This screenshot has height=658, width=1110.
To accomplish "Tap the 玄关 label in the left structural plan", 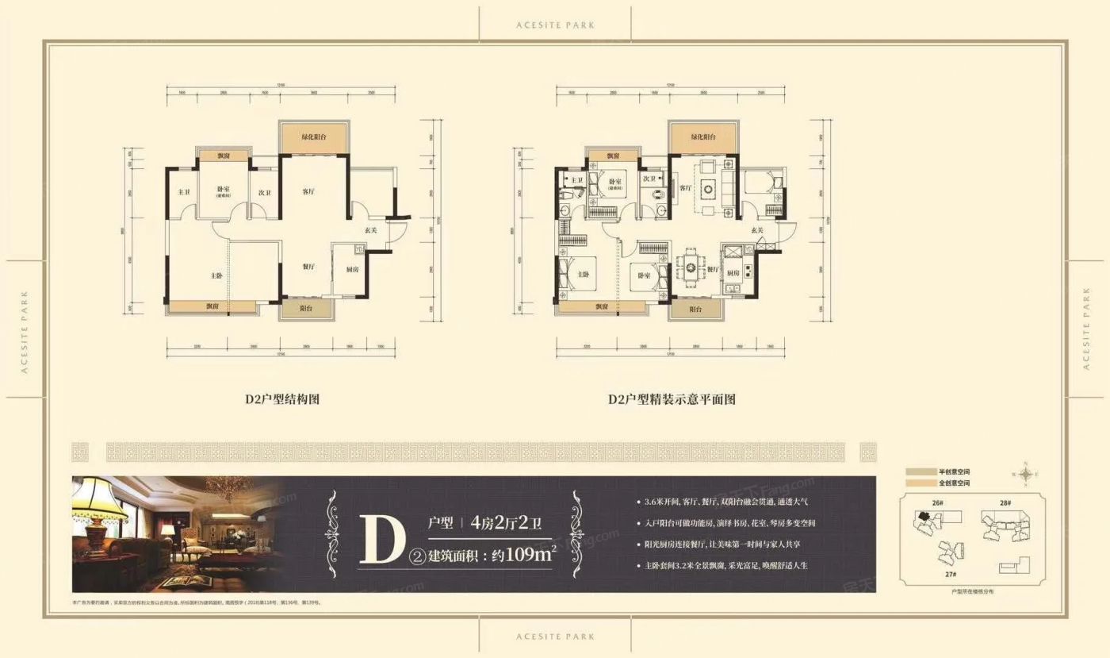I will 370,230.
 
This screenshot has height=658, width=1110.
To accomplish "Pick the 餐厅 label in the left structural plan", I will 310,267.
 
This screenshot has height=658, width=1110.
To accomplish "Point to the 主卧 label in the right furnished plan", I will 583,275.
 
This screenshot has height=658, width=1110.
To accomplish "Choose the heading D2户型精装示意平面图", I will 672,399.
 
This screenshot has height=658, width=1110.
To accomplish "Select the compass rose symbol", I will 1025,475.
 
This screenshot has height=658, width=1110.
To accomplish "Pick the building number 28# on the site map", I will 1005,503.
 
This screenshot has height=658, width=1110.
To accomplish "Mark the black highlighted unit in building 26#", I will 922,516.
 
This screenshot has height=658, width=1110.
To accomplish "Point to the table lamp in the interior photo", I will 101,508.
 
